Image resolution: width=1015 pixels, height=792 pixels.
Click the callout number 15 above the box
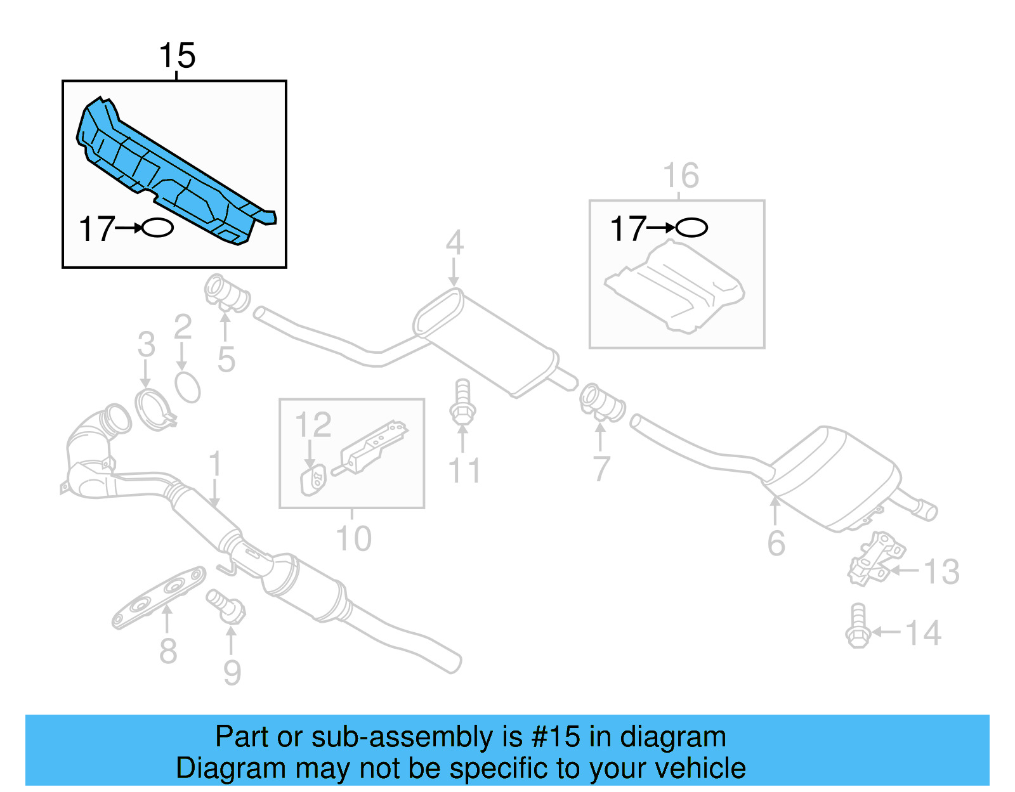pos(177,56)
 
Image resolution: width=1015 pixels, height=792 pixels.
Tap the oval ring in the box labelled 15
pos(157,228)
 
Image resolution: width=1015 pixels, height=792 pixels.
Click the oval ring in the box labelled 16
pos(691,228)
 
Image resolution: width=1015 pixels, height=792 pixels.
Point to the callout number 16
pos(681,176)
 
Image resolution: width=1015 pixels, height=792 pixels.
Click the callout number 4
pos(454,243)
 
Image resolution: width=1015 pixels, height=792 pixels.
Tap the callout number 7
pos(601,469)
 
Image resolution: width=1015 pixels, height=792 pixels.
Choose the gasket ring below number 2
pos(188,387)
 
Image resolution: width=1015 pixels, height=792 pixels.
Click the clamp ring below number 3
pos(152,410)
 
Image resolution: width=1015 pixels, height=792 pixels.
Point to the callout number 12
pos(313,425)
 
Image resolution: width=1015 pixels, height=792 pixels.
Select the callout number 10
pos(353,539)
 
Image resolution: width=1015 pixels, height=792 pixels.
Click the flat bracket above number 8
pos(159,597)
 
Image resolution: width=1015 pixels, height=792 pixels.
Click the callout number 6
pos(776,543)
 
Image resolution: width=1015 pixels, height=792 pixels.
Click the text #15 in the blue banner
pos(555,737)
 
